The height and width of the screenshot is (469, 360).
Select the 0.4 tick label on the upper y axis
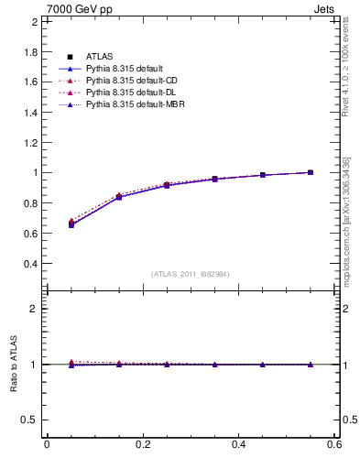[x=30, y=264]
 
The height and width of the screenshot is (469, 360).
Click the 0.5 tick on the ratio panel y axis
[x=30, y=420]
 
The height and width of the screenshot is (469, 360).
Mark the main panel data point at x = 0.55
[x=311, y=172]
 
